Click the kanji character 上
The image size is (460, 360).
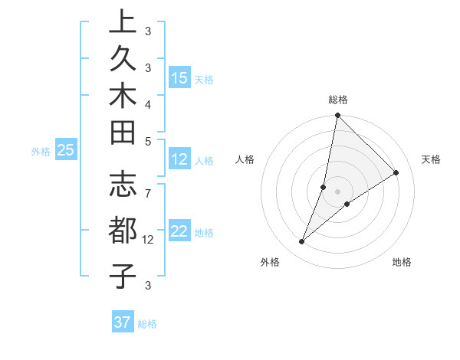tap(122, 22)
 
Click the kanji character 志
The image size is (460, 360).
tap(122, 186)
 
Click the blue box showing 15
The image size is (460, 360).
tap(179, 77)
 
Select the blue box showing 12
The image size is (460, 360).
tap(179, 159)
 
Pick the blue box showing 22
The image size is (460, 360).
tap(179, 231)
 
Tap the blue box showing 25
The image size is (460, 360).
tap(66, 150)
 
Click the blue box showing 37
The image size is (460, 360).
tap(122, 322)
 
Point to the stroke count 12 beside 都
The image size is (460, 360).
tap(149, 240)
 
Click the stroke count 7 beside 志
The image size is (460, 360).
tap(148, 186)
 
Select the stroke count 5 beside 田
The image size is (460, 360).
tap(148, 141)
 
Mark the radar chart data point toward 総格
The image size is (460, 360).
tap(337, 116)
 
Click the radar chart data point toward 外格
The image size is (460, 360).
tap(302, 242)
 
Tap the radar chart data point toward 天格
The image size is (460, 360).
tap(396, 172)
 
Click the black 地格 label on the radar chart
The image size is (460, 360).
tap(402, 263)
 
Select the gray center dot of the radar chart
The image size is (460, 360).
tap(337, 191)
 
